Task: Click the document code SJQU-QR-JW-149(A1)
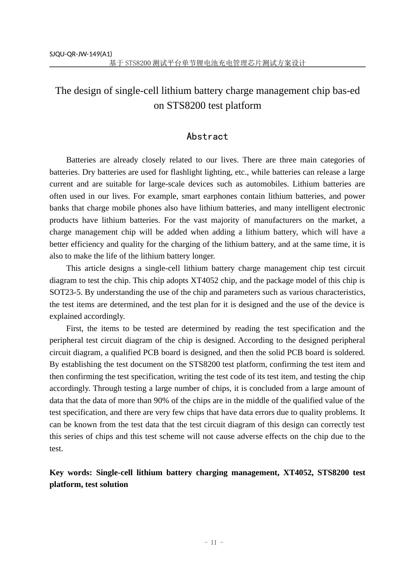(x=80, y=54)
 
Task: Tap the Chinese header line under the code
(x=207, y=63)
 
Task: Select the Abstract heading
(x=207, y=137)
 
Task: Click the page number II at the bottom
(x=214, y=542)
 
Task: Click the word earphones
(x=224, y=196)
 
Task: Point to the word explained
(x=65, y=316)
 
